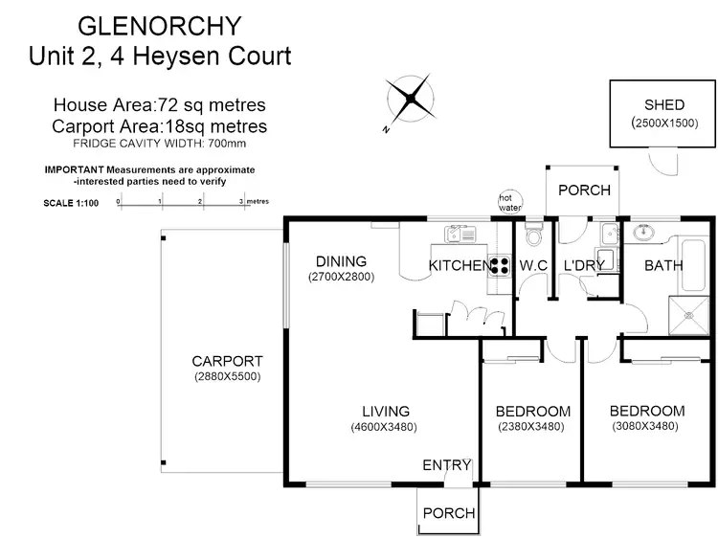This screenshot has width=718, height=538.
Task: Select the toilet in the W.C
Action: [533, 236]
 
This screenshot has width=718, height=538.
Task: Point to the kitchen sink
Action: [460, 233]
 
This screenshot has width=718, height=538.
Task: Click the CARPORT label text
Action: [227, 361]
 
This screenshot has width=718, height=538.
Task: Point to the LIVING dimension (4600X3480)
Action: [383, 427]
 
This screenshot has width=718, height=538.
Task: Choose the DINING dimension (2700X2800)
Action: [341, 277]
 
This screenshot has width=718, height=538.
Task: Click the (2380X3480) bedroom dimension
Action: [531, 427]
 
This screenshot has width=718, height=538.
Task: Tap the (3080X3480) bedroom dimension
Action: [646, 427]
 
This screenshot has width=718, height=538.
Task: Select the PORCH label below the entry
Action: [449, 512]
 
